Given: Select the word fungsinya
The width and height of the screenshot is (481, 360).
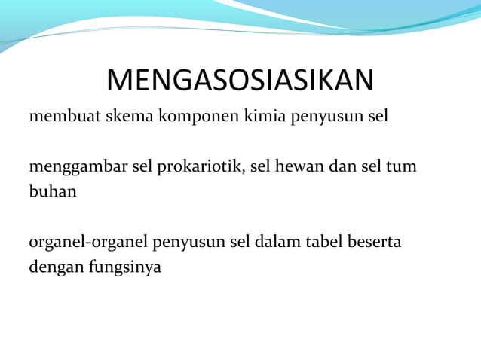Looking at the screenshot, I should pyautogui.click(x=127, y=267).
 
